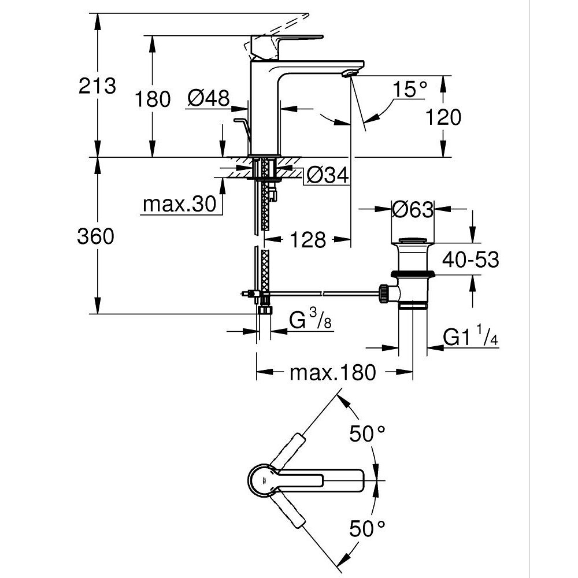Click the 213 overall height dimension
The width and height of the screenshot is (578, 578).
pyautogui.click(x=97, y=86)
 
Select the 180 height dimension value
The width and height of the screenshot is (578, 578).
pyautogui.click(x=153, y=99)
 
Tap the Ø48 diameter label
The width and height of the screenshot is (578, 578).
pyautogui.click(x=209, y=98)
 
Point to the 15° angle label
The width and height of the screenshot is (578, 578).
pyautogui.click(x=410, y=90)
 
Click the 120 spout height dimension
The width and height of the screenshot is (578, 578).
pyautogui.click(x=443, y=117)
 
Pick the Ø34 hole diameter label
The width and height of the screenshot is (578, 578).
pyautogui.click(x=327, y=175)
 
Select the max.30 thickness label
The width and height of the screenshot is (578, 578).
pyautogui.click(x=179, y=204)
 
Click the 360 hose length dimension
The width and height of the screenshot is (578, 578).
pyautogui.click(x=96, y=236)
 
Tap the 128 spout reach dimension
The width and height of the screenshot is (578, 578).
pyautogui.click(x=309, y=239)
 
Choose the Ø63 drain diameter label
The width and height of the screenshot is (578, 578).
pyautogui.click(x=412, y=209)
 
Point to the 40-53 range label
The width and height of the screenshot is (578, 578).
pyautogui.click(x=470, y=260)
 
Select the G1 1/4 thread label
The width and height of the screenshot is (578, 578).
pyautogui.click(x=470, y=337)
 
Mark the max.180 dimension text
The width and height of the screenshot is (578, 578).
pyautogui.click(x=332, y=373)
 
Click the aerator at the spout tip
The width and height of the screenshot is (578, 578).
pyautogui.click(x=350, y=73)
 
